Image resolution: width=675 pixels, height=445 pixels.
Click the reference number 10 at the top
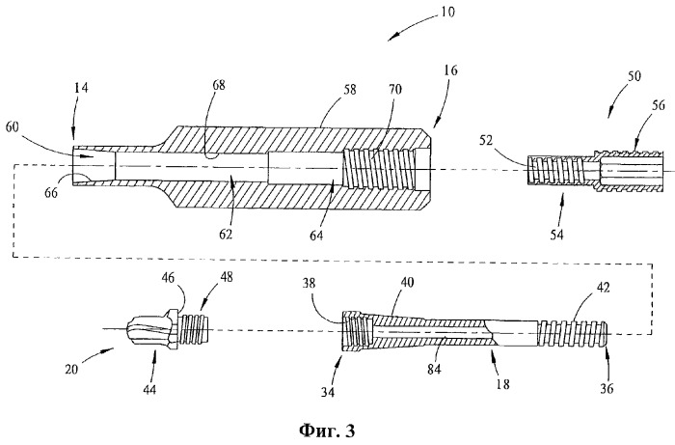click(447, 12)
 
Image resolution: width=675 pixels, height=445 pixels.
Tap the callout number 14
click(80, 88)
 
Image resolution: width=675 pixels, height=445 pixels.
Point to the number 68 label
click(219, 85)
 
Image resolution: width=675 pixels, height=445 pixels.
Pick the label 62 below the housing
click(226, 234)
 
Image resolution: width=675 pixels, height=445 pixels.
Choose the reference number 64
click(315, 236)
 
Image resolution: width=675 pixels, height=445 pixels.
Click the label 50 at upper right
click(634, 76)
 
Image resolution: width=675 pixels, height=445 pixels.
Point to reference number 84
click(434, 369)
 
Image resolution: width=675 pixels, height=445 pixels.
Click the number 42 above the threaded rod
click(603, 288)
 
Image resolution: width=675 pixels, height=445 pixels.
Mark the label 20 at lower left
click(72, 369)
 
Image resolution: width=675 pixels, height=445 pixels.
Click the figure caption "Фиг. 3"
click(327, 431)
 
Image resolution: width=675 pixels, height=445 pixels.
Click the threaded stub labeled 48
click(196, 329)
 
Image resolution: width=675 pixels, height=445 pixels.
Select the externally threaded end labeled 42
click(573, 334)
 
